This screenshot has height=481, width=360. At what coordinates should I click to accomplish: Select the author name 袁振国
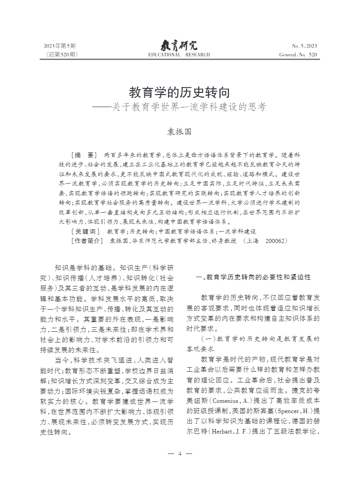coord(179,132)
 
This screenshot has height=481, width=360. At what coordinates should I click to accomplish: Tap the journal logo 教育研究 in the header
coord(179,45)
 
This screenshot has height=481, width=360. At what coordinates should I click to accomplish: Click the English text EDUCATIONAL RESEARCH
coord(179,55)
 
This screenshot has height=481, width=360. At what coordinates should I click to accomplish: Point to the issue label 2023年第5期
coord(60,46)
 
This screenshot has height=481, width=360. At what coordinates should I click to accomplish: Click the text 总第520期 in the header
coord(62,55)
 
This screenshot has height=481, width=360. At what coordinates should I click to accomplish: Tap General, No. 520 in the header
coord(298,55)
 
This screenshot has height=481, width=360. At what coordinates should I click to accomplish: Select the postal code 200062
coord(276,241)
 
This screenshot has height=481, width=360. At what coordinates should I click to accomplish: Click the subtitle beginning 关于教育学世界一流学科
coord(192,107)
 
